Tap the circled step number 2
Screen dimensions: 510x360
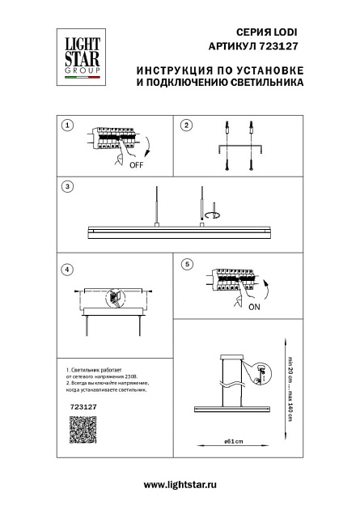click(x=186, y=125)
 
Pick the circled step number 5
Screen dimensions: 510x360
click(x=186, y=264)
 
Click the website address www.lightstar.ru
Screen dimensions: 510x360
click(x=180, y=484)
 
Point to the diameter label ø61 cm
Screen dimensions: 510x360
click(x=235, y=442)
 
